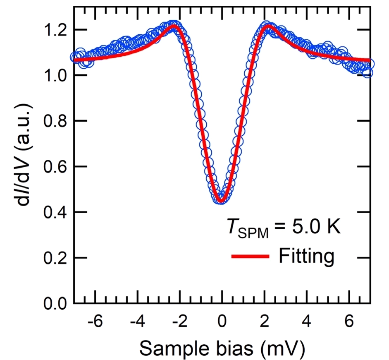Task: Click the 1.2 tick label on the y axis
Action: pos(56,30)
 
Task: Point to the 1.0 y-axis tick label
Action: pos(56,75)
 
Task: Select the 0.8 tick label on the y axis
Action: pos(56,121)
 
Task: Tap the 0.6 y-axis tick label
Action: pos(56,166)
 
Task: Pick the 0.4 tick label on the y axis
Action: pos(56,212)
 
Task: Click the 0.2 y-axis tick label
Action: pos(56,258)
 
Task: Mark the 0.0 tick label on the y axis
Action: pos(56,304)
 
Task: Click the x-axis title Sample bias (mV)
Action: pos(222,349)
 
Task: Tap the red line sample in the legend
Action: pos(250,257)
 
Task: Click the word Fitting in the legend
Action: pos(306,256)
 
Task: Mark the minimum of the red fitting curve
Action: pos(222,202)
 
